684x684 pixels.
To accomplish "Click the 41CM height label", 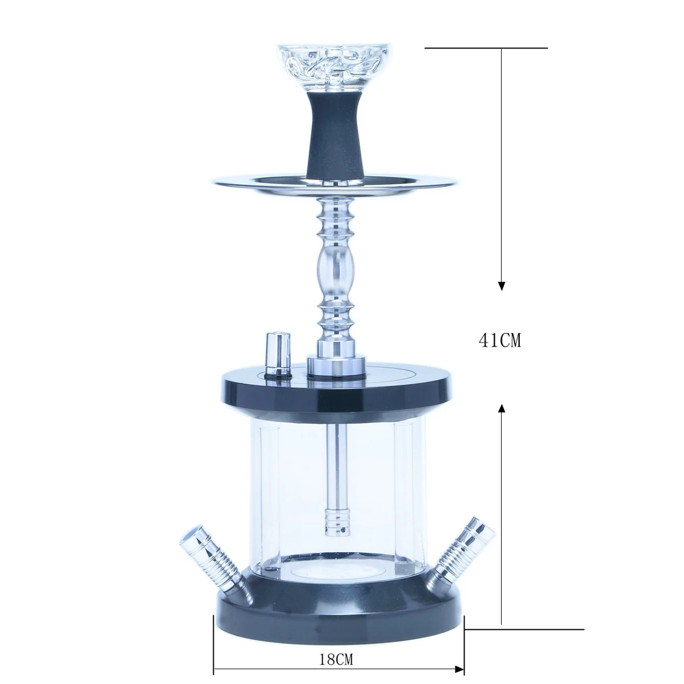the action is [x=500, y=340].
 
